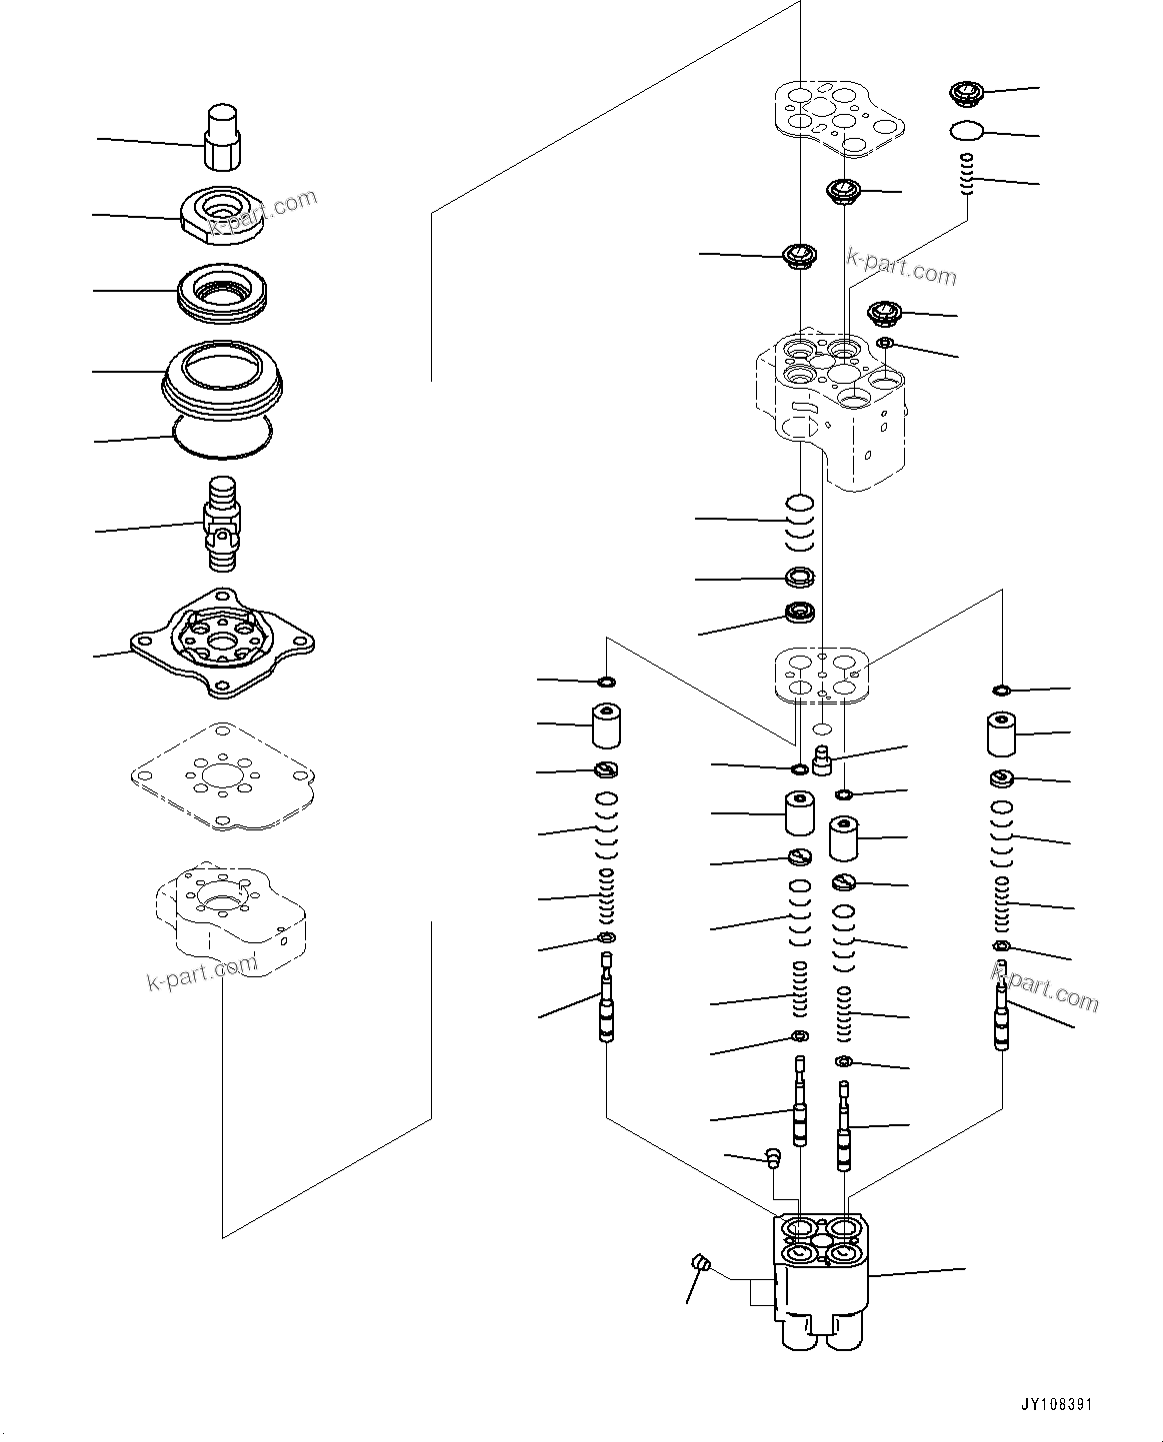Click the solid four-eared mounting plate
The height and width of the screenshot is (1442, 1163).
click(221, 642)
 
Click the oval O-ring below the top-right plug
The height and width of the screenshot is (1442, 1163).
click(966, 130)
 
